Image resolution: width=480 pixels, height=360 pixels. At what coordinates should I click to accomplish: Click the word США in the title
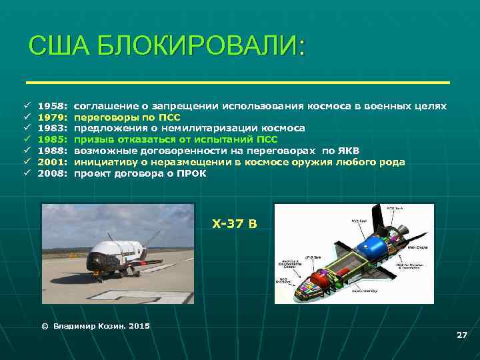[59, 48]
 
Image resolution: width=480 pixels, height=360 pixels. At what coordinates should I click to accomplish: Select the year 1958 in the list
[51, 106]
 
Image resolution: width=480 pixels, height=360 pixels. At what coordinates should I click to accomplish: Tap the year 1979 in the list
[51, 117]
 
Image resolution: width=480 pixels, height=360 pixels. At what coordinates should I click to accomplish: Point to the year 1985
[51, 139]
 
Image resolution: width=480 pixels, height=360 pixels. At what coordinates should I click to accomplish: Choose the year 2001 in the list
[51, 162]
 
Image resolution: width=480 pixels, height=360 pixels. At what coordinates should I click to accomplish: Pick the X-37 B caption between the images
[234, 223]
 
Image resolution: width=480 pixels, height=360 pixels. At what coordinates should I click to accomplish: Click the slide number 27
[461, 335]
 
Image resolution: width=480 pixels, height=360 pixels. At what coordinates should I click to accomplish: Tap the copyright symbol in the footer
[45, 326]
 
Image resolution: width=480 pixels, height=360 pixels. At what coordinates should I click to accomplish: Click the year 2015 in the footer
[139, 326]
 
